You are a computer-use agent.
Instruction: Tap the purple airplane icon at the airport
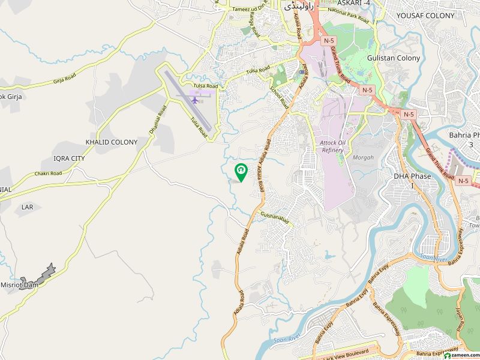click(195, 99)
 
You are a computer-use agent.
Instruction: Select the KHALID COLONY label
click(112, 142)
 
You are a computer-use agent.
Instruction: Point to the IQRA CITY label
click(70, 158)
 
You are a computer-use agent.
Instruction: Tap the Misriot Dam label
click(19, 285)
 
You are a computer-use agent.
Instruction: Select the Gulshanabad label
click(275, 218)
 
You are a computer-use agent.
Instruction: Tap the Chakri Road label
click(49, 174)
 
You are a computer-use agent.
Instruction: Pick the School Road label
click(279, 96)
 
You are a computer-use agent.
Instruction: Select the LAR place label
click(27, 206)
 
